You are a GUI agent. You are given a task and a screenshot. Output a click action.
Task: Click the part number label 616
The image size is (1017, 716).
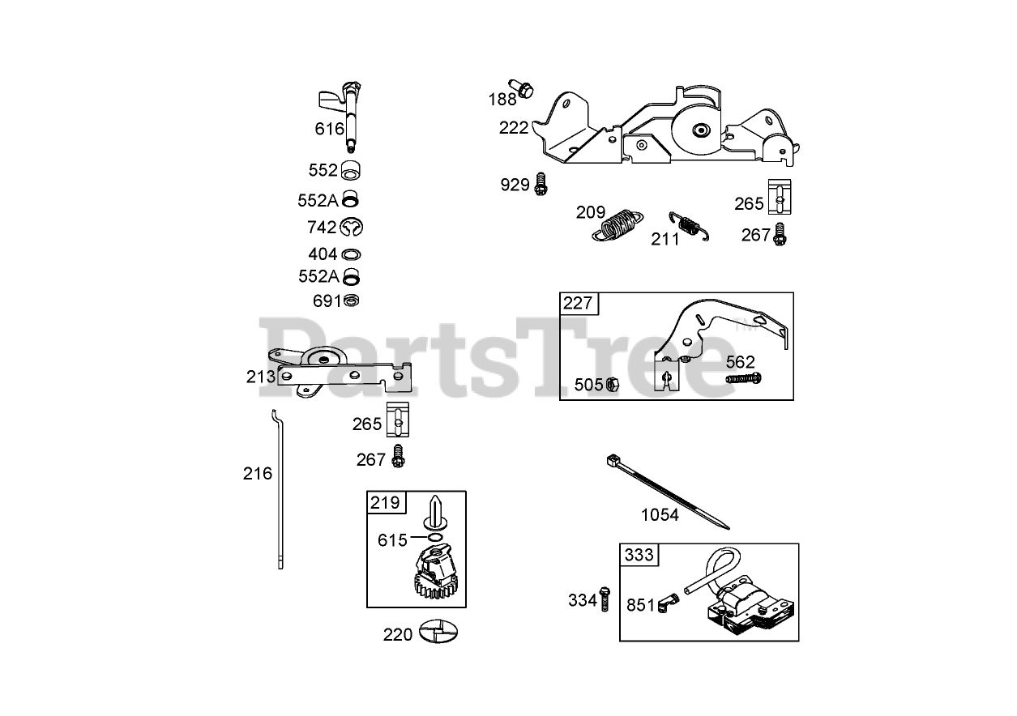[330, 129]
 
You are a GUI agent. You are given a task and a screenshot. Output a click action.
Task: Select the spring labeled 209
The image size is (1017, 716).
[618, 225]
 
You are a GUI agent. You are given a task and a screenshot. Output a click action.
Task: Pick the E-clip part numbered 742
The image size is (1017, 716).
[351, 228]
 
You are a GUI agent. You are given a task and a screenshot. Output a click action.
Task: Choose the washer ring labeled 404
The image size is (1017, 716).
[352, 254]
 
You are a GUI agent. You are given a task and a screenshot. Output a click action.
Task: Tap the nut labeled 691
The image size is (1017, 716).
[352, 301]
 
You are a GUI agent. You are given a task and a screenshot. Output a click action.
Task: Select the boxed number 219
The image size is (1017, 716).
[385, 502]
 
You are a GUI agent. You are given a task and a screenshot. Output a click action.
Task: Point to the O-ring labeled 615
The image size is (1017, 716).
[435, 537]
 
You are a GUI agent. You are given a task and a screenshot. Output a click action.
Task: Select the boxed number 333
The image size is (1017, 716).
[639, 555]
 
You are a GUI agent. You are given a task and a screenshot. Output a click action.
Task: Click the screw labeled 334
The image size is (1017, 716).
[604, 599]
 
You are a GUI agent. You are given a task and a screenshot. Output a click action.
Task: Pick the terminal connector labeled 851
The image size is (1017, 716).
[666, 603]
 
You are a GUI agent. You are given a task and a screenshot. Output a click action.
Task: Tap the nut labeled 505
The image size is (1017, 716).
[613, 384]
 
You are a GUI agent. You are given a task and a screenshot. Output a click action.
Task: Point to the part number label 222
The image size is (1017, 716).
[514, 127]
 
